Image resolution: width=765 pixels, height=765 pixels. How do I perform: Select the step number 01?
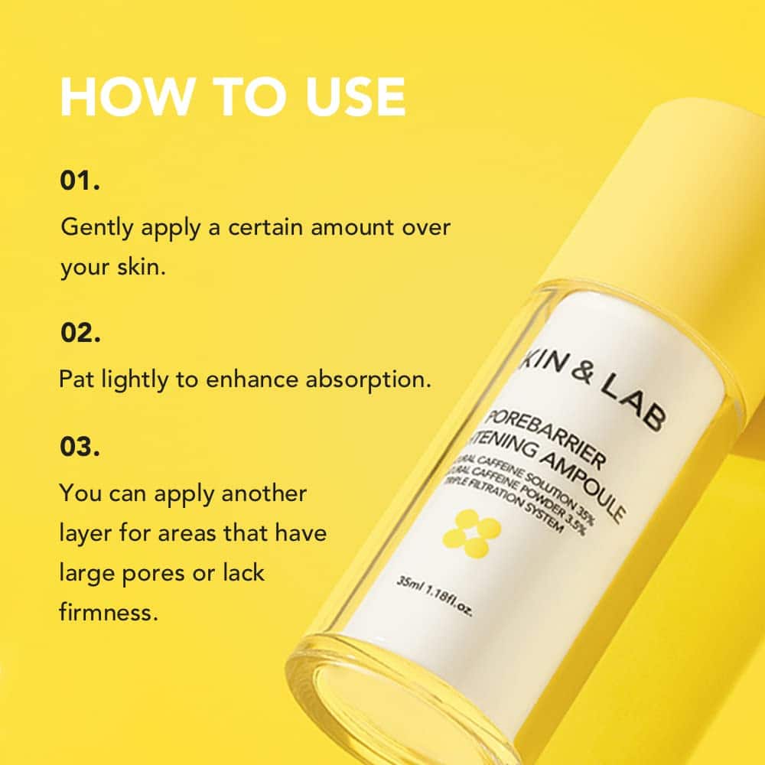pyautogui.click(x=80, y=183)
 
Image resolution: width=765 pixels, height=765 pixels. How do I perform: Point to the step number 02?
pyautogui.click(x=80, y=333)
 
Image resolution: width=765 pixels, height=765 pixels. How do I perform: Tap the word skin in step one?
pyautogui.click(x=139, y=269)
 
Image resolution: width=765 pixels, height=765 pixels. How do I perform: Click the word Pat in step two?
pyautogui.click(x=76, y=380)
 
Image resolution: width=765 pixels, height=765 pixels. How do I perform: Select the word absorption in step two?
pyautogui.click(x=365, y=380)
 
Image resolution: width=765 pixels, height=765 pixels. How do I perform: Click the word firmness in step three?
pyautogui.click(x=107, y=613)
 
